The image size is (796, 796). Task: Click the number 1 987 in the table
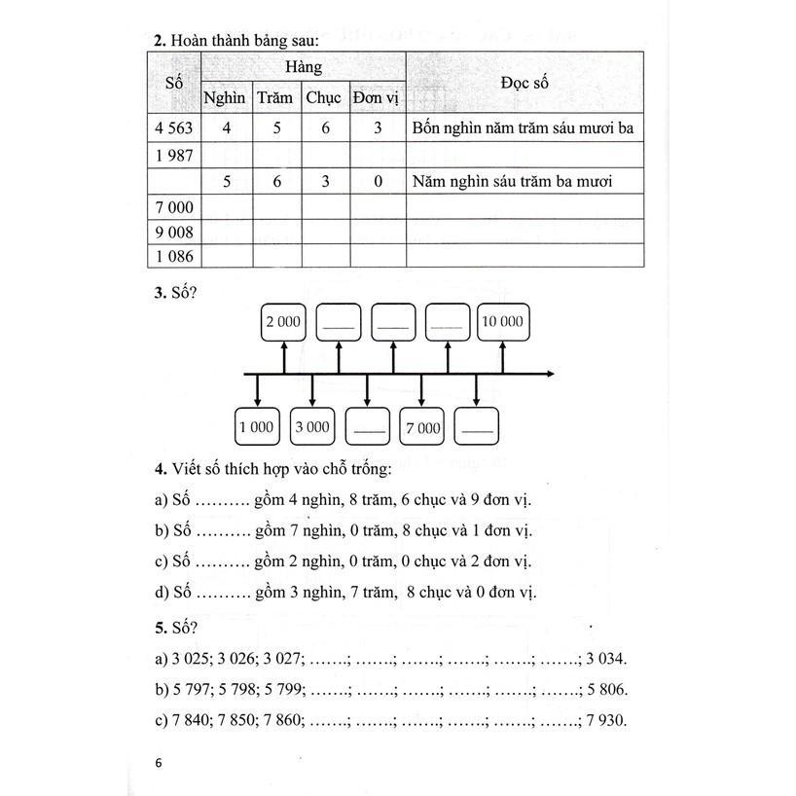[x=174, y=156]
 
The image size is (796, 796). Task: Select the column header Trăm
[x=274, y=97]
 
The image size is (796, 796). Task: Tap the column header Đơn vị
[x=376, y=98]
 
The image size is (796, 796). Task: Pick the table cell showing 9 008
[x=174, y=233]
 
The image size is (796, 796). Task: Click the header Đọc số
[x=525, y=83]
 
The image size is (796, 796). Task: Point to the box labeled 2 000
[x=283, y=322]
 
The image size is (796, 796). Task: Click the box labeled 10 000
[x=502, y=322]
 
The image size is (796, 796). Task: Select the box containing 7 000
[x=422, y=427]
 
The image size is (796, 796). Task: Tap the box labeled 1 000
[x=257, y=426]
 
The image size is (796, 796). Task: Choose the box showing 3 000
[x=312, y=426]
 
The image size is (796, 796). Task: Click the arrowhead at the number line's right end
[x=552, y=374]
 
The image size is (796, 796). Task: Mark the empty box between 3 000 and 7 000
[x=368, y=427]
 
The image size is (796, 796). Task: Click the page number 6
[x=159, y=763]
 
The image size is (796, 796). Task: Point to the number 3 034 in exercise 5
[x=606, y=659]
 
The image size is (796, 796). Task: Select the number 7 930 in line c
[x=606, y=720]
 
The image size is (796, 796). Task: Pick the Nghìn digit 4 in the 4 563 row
[x=227, y=127]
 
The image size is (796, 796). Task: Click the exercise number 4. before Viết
[x=161, y=469]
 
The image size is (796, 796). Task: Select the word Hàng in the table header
[x=304, y=67]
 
